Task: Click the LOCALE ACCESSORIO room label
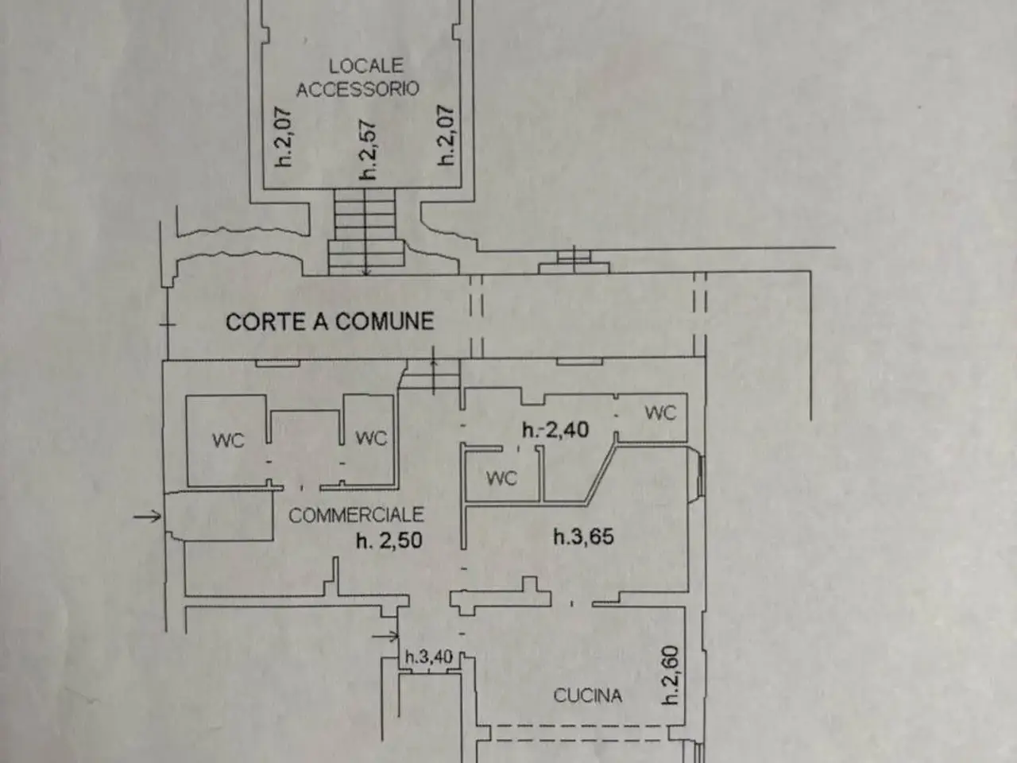(358, 77)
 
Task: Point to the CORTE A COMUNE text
(330, 322)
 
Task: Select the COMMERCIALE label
(356, 515)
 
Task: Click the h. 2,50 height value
(389, 540)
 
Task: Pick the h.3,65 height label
(583, 537)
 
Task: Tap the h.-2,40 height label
(555, 430)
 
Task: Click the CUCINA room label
(587, 695)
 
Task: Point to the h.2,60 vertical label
(670, 675)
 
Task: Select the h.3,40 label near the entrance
(428, 656)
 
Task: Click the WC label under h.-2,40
(502, 478)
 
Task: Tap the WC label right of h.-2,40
(660, 412)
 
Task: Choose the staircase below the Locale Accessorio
(366, 231)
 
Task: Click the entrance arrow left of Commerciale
(147, 516)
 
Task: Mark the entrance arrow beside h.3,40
(385, 636)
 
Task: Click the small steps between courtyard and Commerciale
(430, 374)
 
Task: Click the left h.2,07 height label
(283, 137)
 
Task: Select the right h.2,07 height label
(446, 135)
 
